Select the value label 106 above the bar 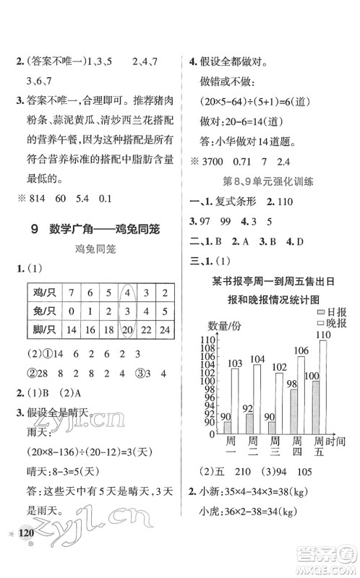pyautogui.click(x=301, y=351)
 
